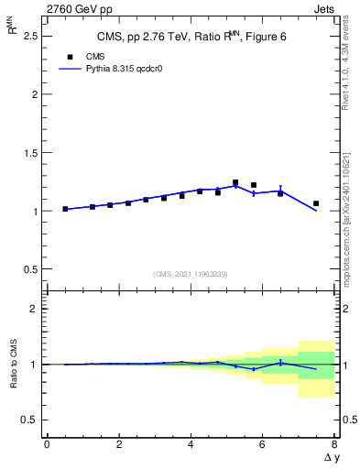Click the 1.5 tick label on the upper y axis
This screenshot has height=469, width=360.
click(32, 152)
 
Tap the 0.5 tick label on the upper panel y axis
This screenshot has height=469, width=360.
click(32, 269)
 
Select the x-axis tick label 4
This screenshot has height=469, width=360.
click(191, 444)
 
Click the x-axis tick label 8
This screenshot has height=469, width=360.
click(334, 444)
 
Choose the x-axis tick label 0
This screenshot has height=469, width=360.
click(47, 444)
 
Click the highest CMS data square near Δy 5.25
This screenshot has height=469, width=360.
click(235, 182)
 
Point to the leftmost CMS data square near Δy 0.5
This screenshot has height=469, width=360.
click(65, 209)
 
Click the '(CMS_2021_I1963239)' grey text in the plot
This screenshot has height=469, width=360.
click(190, 273)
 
